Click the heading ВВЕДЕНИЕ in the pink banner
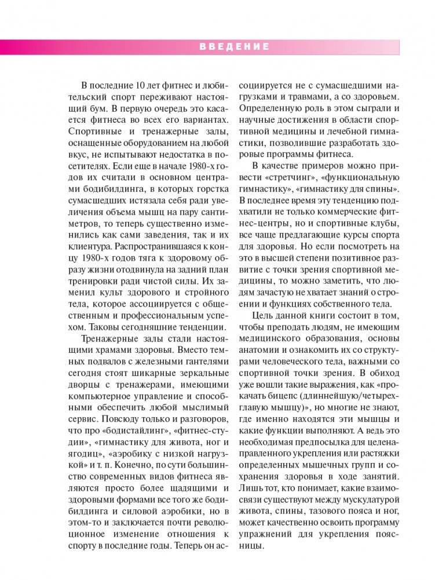point(235,47)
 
